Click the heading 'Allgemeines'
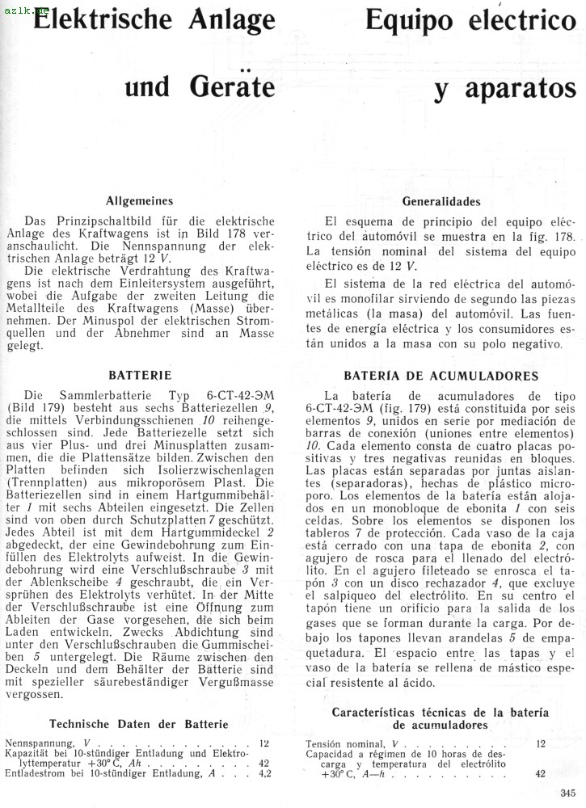coord(139,201)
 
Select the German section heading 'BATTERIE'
coord(140,375)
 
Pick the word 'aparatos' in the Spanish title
coord(503,89)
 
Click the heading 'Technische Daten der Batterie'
coord(139,724)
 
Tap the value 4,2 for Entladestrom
coord(264,773)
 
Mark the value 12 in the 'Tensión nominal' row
coord(540,743)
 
